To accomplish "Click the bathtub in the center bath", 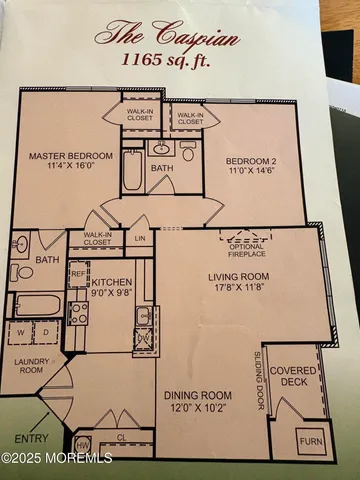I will pyautogui.click(x=134, y=170).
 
